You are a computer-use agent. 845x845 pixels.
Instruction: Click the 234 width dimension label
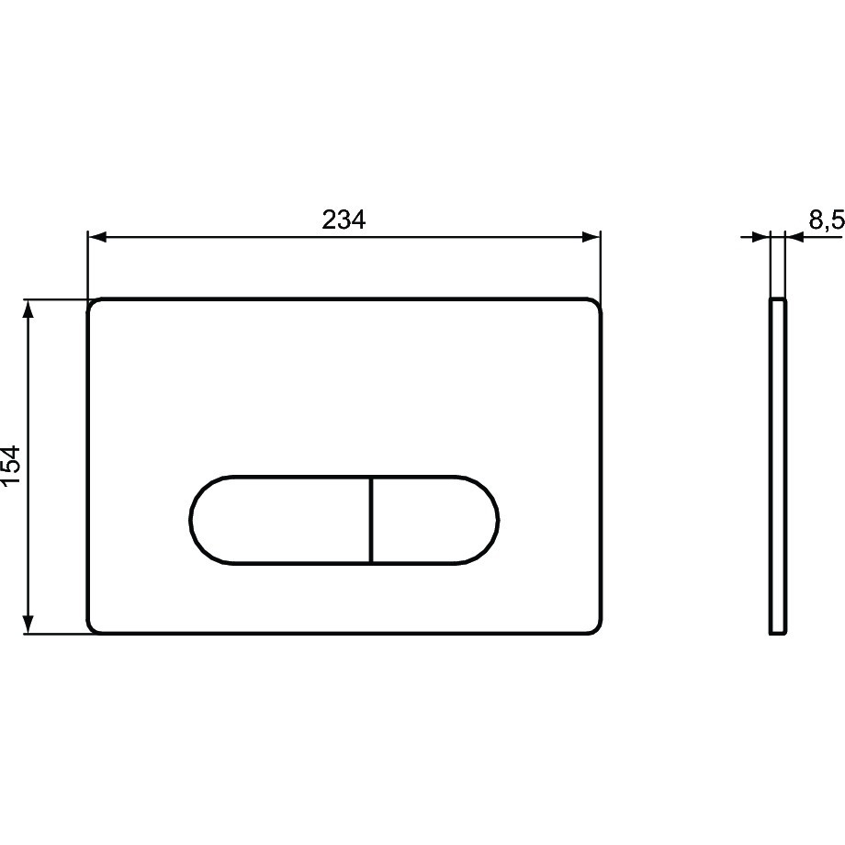pyautogui.click(x=344, y=220)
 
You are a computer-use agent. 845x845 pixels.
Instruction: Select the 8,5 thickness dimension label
pyautogui.click(x=826, y=220)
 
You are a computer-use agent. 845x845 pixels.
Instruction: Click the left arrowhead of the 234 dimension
pyautogui.click(x=96, y=237)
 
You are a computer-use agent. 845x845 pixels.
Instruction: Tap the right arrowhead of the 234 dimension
pyautogui.click(x=591, y=237)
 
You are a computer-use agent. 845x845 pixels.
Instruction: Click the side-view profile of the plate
pyautogui.click(x=778, y=466)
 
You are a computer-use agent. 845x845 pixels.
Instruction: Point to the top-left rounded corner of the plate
pyautogui.click(x=94, y=305)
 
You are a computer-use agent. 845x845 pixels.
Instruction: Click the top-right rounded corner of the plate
pyautogui.click(x=596, y=305)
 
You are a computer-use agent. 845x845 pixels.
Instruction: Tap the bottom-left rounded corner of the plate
pyautogui.click(x=94, y=627)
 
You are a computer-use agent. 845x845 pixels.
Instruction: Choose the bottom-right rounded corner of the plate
pyautogui.click(x=596, y=627)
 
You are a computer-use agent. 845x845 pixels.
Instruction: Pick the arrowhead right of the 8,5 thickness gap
pyautogui.click(x=794, y=237)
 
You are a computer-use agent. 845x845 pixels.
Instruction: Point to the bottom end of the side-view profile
pyautogui.click(x=778, y=633)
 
